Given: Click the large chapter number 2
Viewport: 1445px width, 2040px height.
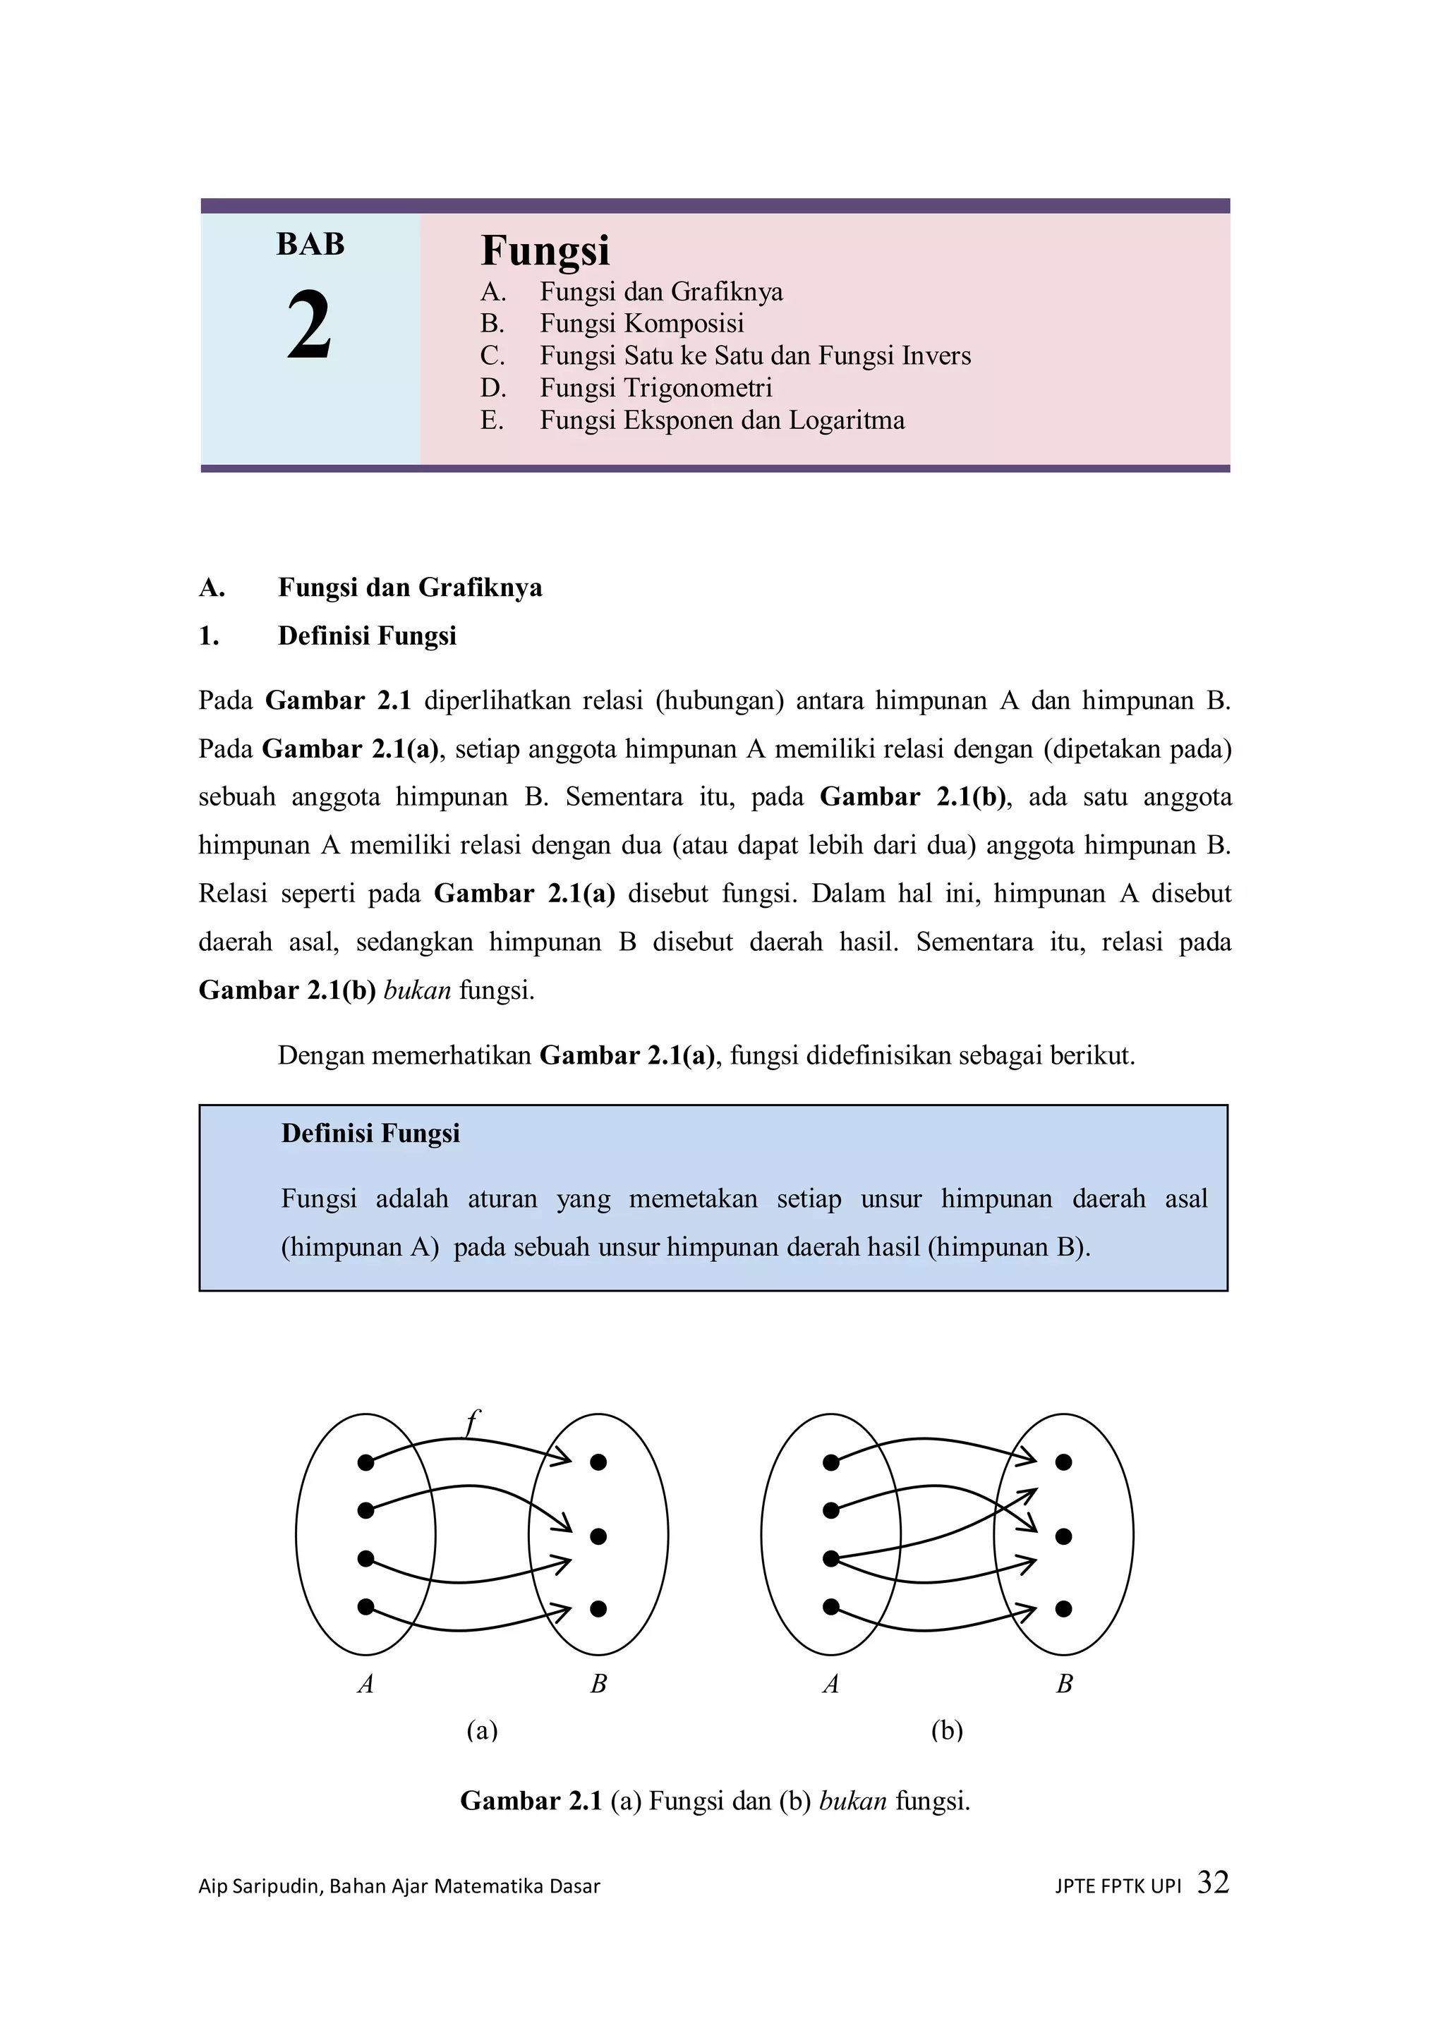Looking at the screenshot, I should tap(309, 327).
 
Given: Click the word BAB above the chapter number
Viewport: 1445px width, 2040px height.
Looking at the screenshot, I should tap(310, 244).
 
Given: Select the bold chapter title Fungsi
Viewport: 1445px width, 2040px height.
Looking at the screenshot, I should tap(545, 250).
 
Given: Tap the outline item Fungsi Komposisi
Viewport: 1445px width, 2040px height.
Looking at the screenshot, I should tap(641, 323).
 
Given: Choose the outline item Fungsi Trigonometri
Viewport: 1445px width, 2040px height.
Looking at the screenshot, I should tap(655, 387).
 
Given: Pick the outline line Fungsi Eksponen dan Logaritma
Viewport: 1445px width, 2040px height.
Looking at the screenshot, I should tap(722, 420).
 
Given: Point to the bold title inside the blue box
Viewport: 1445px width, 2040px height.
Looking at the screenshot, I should tap(370, 1133).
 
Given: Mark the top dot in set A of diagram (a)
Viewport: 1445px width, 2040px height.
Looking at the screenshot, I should tap(365, 1462).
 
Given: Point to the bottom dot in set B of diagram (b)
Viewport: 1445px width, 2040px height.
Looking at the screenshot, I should tap(1063, 1608).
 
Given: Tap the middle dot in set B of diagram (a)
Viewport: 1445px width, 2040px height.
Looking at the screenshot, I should tap(598, 1536).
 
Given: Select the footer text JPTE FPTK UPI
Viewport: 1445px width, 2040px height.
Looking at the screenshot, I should tap(1118, 1886).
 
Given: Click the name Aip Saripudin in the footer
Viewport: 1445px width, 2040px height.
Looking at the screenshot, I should tap(259, 1886).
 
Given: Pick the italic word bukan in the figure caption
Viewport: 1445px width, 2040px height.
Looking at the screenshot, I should tap(852, 1801).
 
